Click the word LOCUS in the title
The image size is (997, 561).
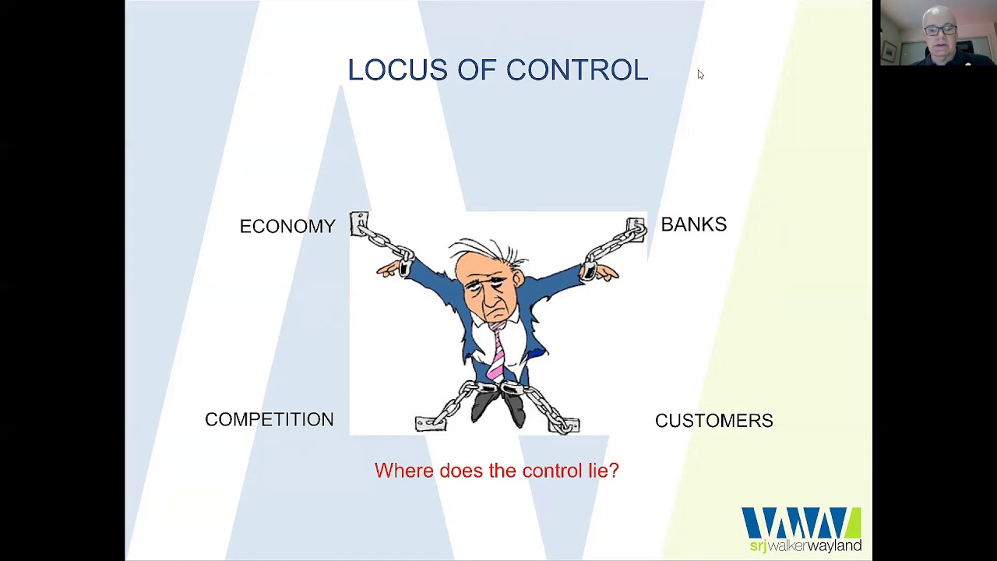(x=397, y=70)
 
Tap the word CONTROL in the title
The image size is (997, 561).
(x=577, y=70)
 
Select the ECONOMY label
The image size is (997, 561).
(x=287, y=226)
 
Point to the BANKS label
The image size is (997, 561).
(x=693, y=224)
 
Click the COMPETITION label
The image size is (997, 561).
(x=270, y=419)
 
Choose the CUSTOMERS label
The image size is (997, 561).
(x=714, y=421)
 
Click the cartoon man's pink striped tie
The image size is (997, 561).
(x=497, y=351)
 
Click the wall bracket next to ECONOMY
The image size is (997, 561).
(x=359, y=224)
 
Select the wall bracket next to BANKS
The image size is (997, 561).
(x=635, y=229)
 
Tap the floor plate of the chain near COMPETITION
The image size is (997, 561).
(x=430, y=423)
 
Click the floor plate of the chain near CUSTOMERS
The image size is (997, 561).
(x=564, y=425)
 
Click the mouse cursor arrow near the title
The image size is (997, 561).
(x=700, y=74)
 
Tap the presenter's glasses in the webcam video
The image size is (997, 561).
(x=939, y=30)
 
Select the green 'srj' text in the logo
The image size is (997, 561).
(x=758, y=546)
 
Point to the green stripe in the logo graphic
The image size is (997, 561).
(x=853, y=522)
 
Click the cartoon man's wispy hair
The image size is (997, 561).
(x=488, y=250)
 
